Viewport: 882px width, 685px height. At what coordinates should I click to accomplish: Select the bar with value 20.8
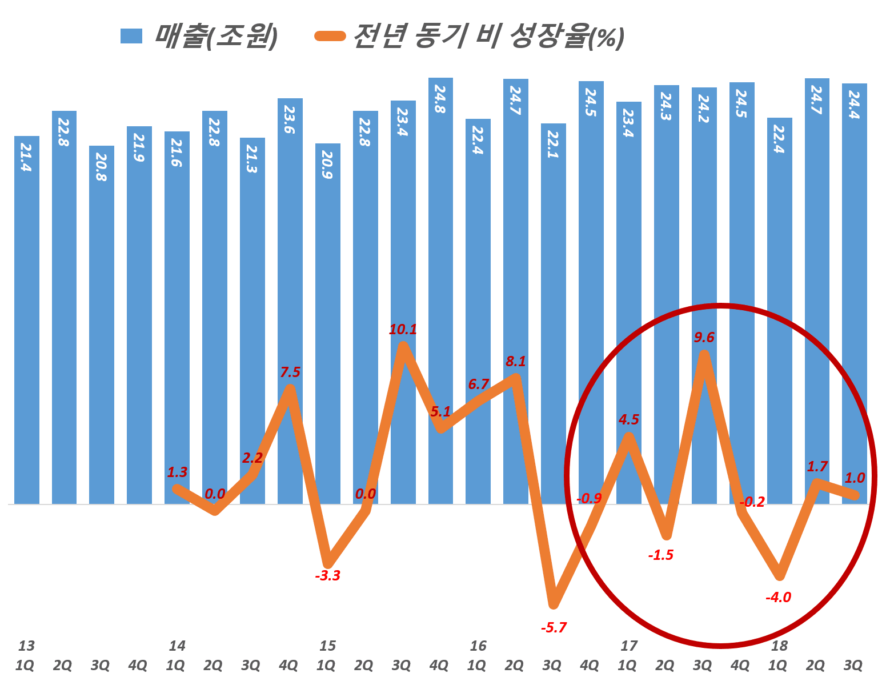point(101,320)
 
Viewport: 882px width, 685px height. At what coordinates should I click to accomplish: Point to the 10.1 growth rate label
point(403,330)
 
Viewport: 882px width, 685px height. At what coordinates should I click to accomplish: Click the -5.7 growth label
point(553,628)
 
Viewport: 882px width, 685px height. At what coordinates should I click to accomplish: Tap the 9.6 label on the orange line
point(704,338)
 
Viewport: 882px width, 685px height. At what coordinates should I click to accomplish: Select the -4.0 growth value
point(778,598)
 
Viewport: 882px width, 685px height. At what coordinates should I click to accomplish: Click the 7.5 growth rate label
point(290,372)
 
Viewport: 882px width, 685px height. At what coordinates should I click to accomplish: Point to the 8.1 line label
point(515,361)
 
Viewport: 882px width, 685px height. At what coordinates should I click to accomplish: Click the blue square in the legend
point(131,37)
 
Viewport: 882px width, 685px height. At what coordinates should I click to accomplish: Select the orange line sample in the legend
point(330,37)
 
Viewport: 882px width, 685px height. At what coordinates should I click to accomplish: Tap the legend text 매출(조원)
point(216,37)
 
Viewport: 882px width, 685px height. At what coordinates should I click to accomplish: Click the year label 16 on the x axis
point(478,646)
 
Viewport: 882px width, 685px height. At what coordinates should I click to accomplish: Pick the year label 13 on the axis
point(26,646)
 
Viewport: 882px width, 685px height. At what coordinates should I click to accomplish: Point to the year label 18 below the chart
point(779,646)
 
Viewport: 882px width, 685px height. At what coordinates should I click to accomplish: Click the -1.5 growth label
point(661,555)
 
